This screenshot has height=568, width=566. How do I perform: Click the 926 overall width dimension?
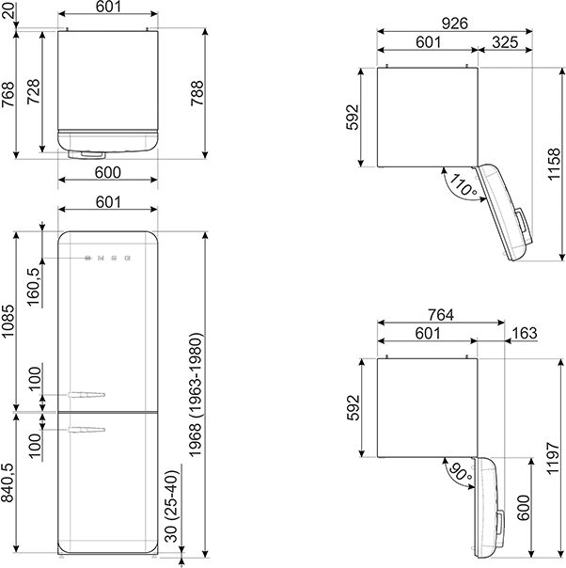point(454,24)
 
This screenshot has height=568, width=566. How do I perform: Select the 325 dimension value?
point(505,42)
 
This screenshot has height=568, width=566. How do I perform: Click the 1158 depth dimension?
point(554,164)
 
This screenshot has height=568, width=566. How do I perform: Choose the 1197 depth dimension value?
point(554,458)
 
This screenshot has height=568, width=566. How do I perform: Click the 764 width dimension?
point(441,315)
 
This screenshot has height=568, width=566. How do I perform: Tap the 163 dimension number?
point(525,333)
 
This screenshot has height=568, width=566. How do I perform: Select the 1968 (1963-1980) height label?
point(196,395)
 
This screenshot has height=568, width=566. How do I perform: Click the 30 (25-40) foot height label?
point(172,506)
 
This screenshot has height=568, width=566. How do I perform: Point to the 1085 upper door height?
point(8,321)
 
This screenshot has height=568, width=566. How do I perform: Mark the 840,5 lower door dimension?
point(8,482)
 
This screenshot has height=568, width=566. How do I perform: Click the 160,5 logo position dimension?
point(34,287)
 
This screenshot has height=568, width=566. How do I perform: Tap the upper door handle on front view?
point(86,394)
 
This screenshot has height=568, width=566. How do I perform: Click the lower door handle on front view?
point(86,430)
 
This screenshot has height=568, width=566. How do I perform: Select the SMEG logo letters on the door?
point(107,258)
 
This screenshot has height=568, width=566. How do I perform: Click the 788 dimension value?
point(197,93)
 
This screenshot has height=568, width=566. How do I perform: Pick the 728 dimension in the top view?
point(34,91)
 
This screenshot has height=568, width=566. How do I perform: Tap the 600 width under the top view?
point(108,172)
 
